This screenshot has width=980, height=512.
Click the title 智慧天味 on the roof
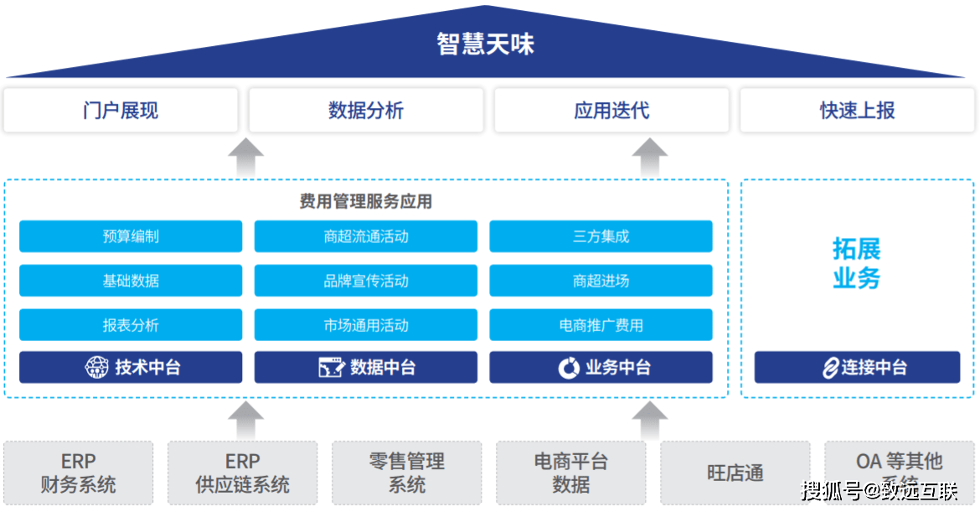485,44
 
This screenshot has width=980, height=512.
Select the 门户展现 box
121,110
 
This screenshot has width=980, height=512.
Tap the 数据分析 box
366,110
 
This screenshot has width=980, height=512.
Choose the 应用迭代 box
611,110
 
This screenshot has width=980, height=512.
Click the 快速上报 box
857,110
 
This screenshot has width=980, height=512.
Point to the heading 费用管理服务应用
366,201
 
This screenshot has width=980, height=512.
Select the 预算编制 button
131,236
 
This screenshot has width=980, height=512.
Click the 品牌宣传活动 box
366,281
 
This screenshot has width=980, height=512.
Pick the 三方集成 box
601,236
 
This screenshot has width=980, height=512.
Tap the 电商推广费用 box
601,325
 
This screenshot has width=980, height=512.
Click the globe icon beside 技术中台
97,367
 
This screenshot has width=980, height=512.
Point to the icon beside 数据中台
332,367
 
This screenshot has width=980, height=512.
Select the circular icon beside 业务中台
569,367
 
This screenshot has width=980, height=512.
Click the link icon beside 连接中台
830,367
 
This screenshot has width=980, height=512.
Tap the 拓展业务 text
857,263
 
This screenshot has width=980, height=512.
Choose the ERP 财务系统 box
79,473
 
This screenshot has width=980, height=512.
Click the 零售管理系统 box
407,473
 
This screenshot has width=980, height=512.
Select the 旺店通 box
735,473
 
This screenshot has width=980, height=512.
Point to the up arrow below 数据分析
245,158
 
